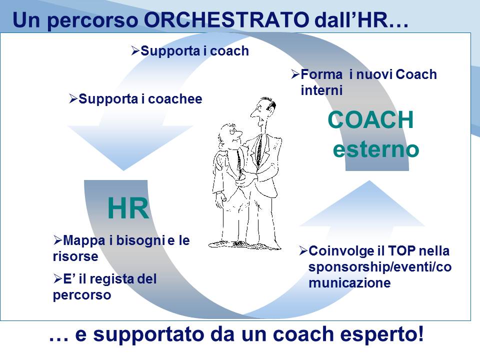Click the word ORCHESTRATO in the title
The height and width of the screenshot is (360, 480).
(x=226, y=19)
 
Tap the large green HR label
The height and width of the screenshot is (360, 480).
(x=128, y=208)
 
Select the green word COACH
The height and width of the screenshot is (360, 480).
(x=370, y=119)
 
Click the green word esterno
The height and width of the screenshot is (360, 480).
(x=375, y=149)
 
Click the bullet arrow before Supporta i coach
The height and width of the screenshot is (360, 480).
(x=135, y=50)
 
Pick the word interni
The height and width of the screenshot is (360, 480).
(x=321, y=90)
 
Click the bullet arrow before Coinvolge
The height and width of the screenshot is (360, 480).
(x=303, y=251)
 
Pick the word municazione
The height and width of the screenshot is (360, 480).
(x=349, y=282)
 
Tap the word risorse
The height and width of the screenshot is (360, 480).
(x=75, y=256)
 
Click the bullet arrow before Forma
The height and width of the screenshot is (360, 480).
(x=295, y=74)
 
